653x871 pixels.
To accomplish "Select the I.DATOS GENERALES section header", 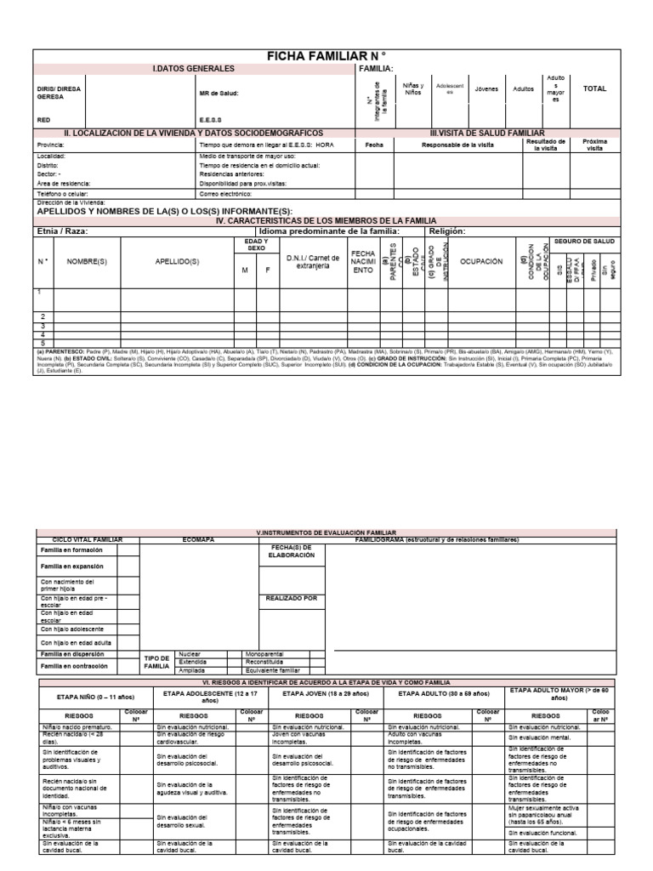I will tap(193, 68).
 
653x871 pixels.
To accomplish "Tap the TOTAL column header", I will tap(595, 88).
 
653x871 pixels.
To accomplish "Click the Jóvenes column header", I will tap(486, 88).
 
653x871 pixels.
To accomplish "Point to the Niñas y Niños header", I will tap(412, 88).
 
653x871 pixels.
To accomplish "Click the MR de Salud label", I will tap(219, 93).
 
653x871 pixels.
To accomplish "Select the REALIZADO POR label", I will tap(292, 599).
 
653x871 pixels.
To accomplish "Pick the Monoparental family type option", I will tap(264, 654).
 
